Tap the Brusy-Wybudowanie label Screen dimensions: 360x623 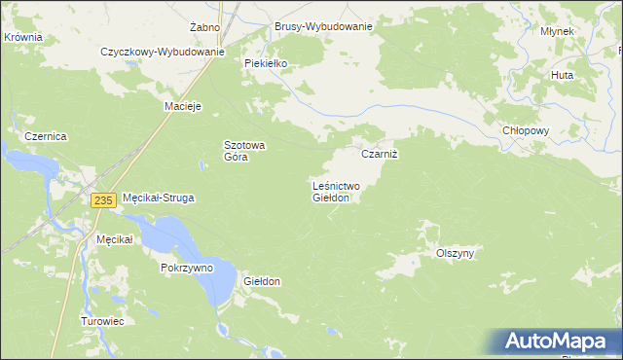(x=323, y=27)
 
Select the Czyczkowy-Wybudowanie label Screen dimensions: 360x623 (x=163, y=52)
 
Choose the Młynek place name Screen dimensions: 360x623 (x=557, y=31)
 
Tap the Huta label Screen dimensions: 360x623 (x=562, y=75)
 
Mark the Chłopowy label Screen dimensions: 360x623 (x=527, y=130)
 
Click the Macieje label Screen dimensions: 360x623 (x=182, y=106)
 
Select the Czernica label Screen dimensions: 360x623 (x=45, y=137)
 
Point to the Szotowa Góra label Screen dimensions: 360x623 (x=245, y=151)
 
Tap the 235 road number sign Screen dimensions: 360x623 (x=104, y=199)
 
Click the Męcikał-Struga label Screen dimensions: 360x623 (x=158, y=198)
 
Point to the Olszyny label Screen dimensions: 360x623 (x=455, y=253)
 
